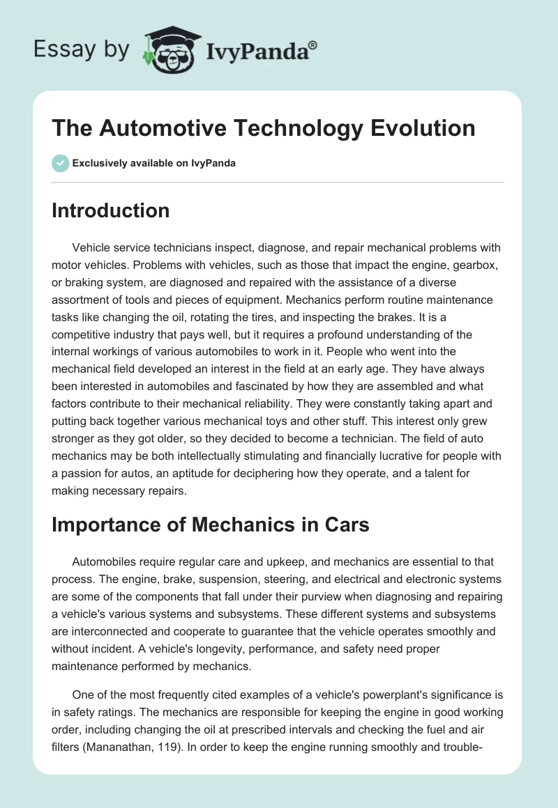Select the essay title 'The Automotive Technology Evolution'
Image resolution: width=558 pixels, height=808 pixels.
(264, 128)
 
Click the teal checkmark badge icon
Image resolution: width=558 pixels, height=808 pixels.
(60, 164)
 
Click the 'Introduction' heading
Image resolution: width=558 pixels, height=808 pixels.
(110, 210)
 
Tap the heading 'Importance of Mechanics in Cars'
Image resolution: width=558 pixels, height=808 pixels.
(210, 525)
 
